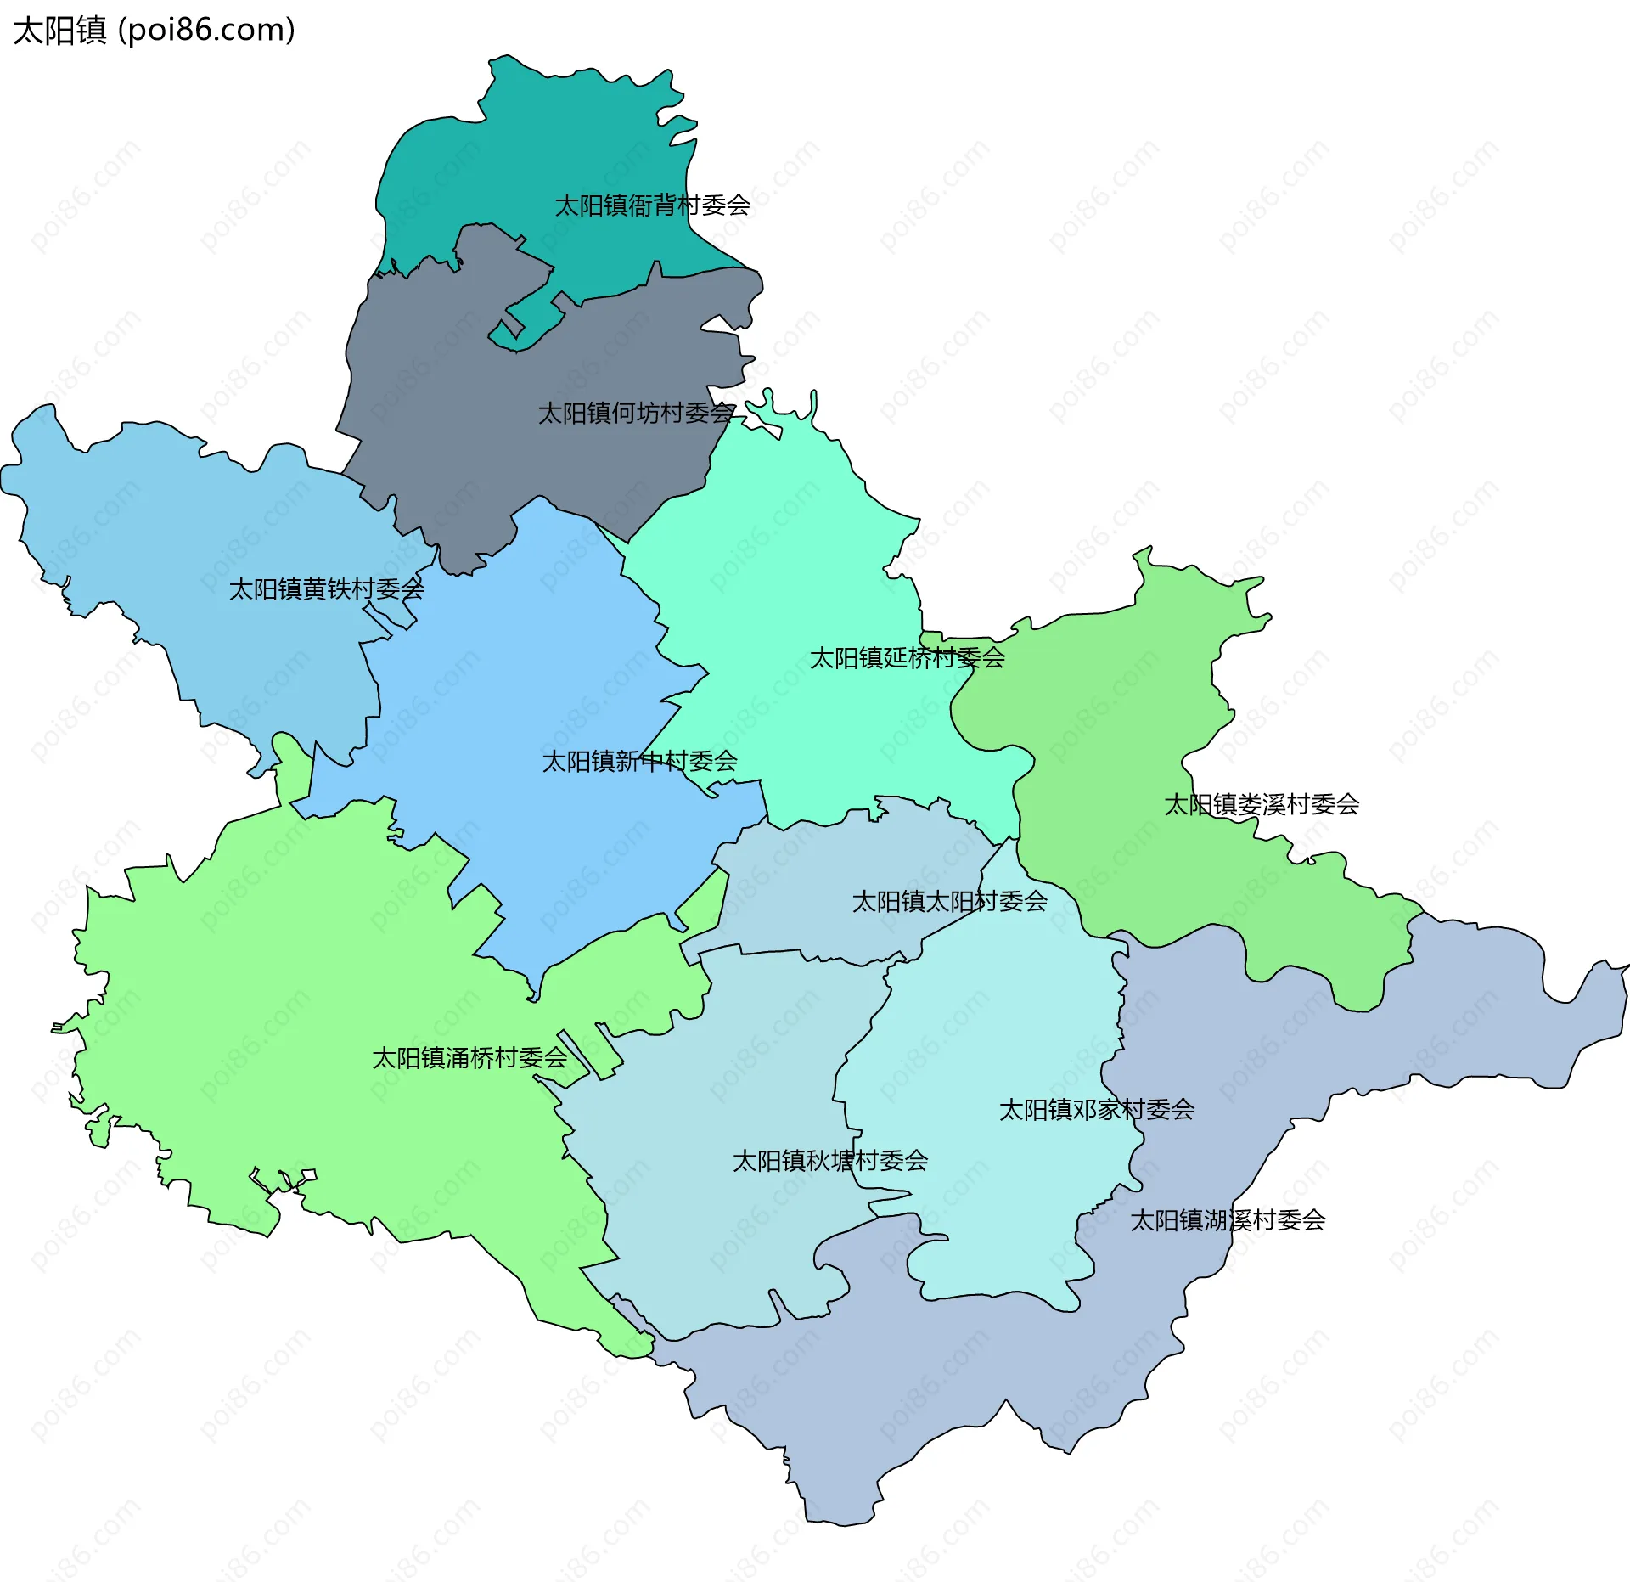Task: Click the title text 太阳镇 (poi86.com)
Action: tap(154, 30)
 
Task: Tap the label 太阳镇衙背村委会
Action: tap(651, 205)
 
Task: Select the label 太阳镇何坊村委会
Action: tap(636, 414)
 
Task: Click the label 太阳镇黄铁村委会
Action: tap(326, 589)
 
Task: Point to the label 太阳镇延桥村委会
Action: tap(907, 658)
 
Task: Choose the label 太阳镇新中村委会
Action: tap(639, 762)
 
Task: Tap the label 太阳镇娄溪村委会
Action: tap(1261, 805)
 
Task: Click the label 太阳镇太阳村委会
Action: tap(949, 902)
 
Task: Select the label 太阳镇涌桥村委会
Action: tap(469, 1058)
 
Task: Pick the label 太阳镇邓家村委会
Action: tap(1096, 1110)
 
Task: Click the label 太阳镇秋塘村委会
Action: tap(829, 1161)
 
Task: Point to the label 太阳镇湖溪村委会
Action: tap(1227, 1221)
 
